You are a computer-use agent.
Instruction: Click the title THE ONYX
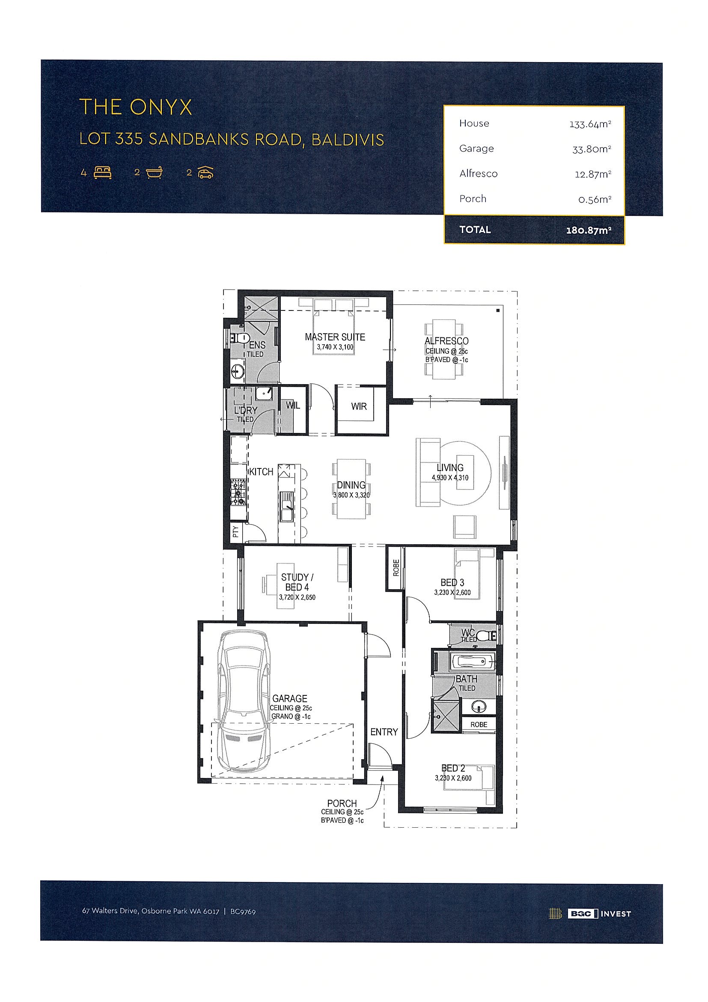pos(135,107)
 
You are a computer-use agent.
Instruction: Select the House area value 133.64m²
pos(590,124)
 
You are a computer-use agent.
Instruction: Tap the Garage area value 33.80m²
pos(592,149)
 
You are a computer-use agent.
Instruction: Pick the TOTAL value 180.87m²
pos(589,230)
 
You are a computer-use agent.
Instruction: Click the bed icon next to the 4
pos(103,173)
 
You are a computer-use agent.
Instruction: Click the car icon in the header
pos(205,173)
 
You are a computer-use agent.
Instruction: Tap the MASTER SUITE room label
pos(335,337)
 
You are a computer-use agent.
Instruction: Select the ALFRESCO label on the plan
pos(447,341)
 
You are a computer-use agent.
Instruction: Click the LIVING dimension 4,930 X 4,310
pos(450,477)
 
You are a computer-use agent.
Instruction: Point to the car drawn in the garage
pos(244,702)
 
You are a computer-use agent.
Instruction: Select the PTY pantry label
pos(235,531)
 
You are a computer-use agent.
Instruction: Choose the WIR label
pos(359,406)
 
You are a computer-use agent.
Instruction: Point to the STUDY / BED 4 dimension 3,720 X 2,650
pos(297,597)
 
